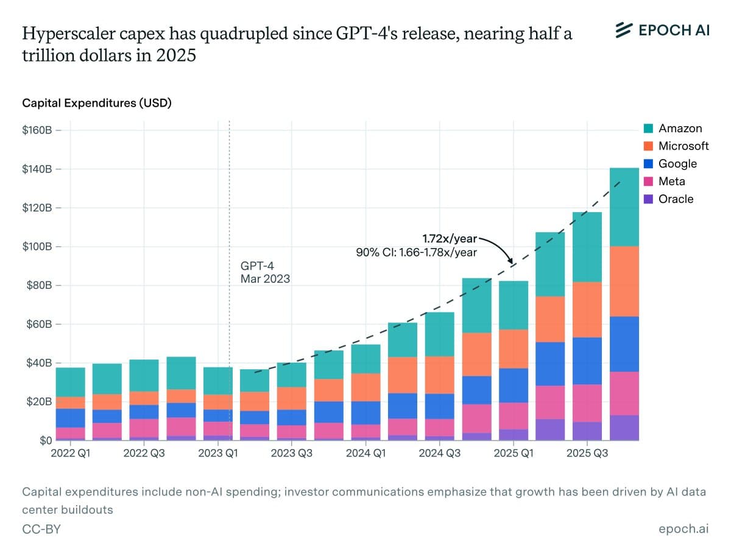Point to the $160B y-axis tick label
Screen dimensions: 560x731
tap(38, 130)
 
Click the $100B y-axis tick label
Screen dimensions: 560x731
tap(38, 247)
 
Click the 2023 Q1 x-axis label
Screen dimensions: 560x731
tap(217, 453)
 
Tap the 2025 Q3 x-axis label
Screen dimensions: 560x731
tap(587, 453)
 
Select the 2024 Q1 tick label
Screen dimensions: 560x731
tap(365, 453)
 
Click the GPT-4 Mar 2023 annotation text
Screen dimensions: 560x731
tap(265, 272)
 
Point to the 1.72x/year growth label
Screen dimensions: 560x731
tap(450, 237)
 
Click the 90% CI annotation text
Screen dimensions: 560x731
tap(416, 251)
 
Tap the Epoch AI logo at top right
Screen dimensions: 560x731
tap(662, 30)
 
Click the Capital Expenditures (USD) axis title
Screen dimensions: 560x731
tap(97, 103)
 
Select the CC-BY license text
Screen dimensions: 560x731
tap(41, 530)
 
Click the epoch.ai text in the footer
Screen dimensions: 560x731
tap(683, 530)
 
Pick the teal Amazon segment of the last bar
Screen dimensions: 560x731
tap(624, 207)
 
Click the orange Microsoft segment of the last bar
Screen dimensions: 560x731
tap(624, 282)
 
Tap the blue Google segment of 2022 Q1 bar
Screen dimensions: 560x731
tap(71, 418)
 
